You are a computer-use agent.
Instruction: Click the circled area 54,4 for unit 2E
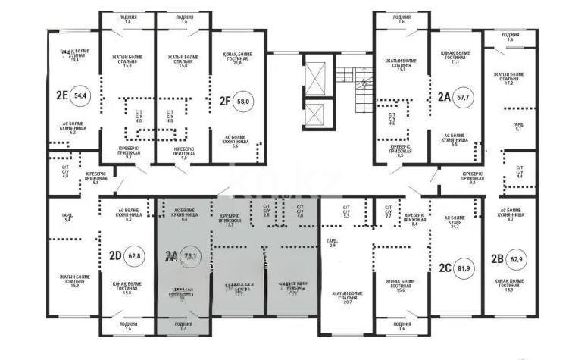[79, 95]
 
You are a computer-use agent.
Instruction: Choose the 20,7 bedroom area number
[348, 302]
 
